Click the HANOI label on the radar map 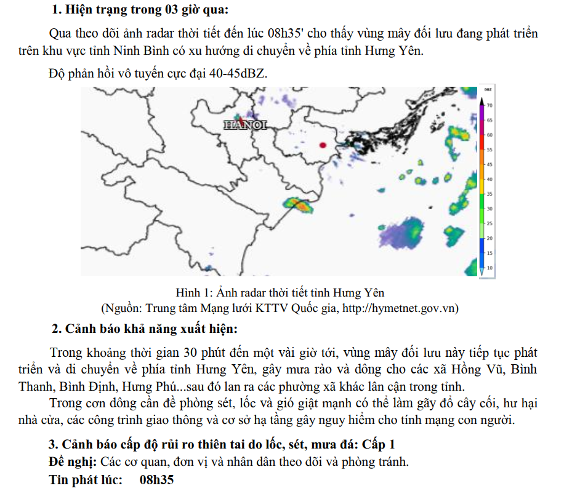click(245, 125)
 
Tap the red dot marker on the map click(323, 145)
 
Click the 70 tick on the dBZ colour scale click(489, 106)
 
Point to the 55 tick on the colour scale click(489, 150)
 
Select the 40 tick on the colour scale click(489, 179)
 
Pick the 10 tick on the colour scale click(489, 268)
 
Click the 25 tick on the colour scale click(489, 223)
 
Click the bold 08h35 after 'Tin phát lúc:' click(157, 479)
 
